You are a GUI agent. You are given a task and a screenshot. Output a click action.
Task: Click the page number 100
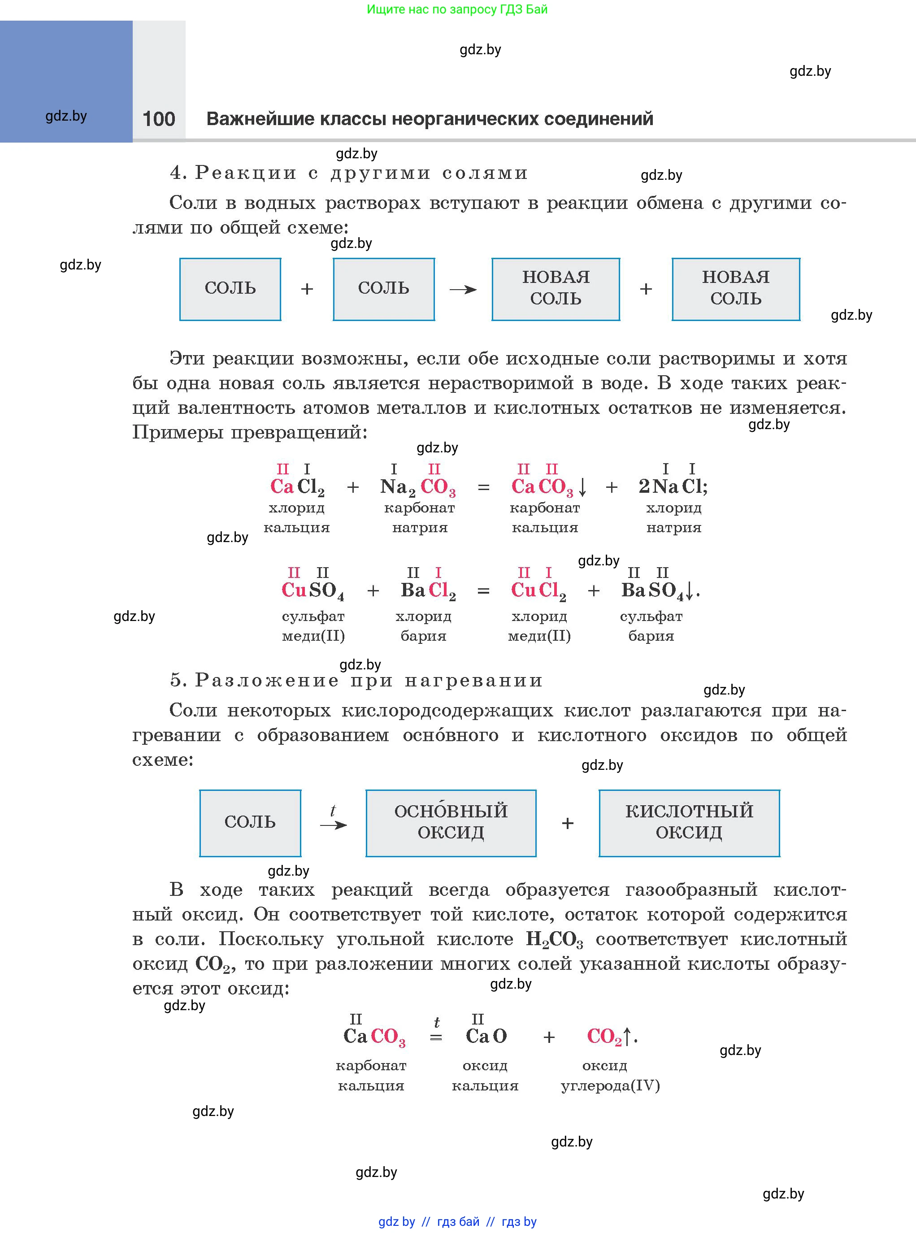159,119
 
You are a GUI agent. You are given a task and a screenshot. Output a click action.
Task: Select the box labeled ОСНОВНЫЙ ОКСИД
451,823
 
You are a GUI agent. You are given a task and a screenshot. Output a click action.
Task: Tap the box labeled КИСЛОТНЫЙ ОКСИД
689,823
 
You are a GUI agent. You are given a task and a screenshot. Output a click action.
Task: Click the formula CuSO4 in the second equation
313,591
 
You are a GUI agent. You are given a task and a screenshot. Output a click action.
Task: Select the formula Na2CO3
417,487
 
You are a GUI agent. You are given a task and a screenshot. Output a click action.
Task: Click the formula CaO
486,1036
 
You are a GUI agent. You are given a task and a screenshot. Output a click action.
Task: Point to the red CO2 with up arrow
609,1036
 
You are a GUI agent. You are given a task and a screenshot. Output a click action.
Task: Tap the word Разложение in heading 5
266,680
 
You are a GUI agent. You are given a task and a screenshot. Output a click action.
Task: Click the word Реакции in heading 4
246,173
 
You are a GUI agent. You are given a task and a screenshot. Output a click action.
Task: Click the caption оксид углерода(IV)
610,1076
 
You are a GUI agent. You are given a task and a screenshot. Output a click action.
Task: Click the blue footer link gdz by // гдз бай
457,1221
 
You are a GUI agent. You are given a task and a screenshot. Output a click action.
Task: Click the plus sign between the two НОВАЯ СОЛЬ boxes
645,289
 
